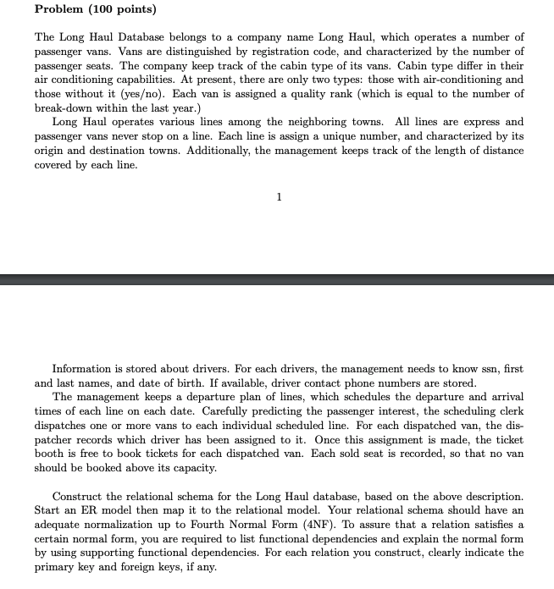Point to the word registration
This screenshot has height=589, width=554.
[281, 52]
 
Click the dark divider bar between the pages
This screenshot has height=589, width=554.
[277, 278]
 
